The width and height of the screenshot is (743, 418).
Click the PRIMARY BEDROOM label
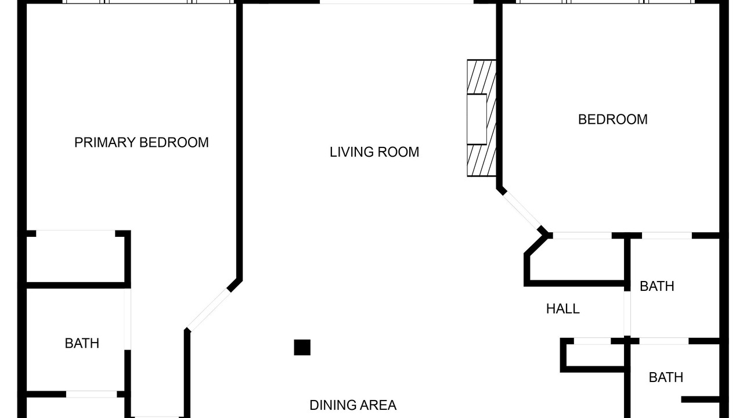click(x=141, y=143)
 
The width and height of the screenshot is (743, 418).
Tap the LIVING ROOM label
click(x=374, y=152)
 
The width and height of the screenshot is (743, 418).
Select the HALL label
click(x=563, y=309)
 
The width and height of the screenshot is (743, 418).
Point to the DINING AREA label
click(x=353, y=405)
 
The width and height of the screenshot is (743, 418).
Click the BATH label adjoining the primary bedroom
click(x=82, y=343)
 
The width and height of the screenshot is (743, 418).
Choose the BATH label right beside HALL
click(x=657, y=286)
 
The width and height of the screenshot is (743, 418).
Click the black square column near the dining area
click(x=302, y=347)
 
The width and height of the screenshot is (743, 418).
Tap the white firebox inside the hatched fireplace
click(x=477, y=120)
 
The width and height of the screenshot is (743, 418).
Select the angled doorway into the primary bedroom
click(x=208, y=309)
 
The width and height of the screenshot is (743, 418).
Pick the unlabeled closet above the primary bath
click(x=75, y=260)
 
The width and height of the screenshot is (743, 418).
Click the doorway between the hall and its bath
click(x=627, y=313)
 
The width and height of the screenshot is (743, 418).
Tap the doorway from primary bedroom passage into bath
click(x=128, y=319)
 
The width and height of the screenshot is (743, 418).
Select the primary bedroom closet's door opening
click(x=75, y=233)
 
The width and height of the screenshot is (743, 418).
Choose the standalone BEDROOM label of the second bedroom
click(x=612, y=120)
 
